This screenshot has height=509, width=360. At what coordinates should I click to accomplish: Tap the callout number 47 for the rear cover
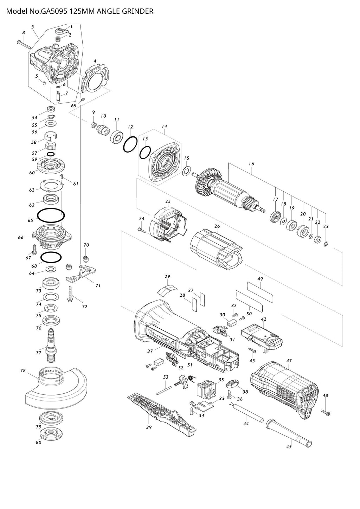pyautogui.click(x=289, y=361)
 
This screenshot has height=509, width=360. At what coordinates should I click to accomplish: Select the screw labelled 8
pyautogui.click(x=23, y=45)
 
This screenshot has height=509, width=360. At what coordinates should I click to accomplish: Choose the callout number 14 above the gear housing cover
pyautogui.click(x=165, y=127)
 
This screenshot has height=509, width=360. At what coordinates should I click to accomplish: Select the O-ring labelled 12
pyautogui.click(x=130, y=144)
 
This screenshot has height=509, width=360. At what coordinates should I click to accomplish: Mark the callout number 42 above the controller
pyautogui.click(x=264, y=319)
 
